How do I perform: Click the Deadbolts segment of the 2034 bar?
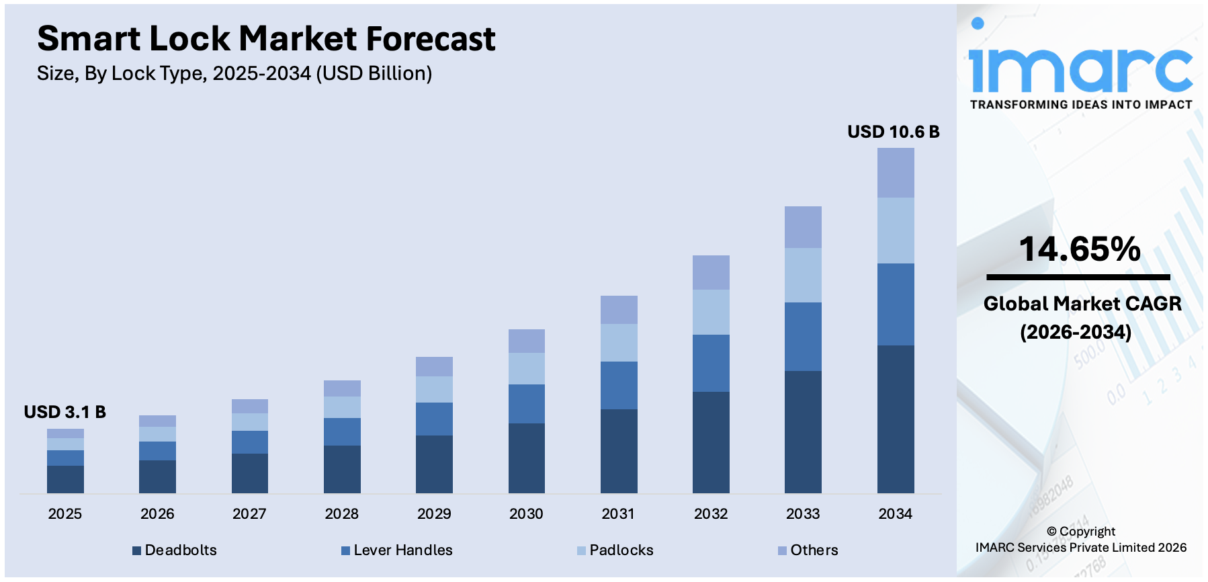pos(896,419)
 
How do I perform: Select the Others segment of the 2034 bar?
pos(896,172)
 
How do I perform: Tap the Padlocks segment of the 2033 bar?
pos(803,275)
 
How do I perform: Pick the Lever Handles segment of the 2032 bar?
pos(711,363)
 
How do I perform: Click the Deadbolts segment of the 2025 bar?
pos(65,479)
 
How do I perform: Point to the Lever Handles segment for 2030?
pos(526,403)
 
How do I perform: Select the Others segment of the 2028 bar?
pos(342,388)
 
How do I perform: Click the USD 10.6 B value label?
pos(893,132)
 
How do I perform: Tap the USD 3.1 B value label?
pos(64,412)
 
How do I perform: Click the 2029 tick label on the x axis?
pos(434,514)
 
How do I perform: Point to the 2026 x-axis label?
pos(157,514)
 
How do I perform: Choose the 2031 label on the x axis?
pos(618,514)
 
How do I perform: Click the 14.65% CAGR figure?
pos(1080,249)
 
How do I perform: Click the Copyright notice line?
pos(1080,532)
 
